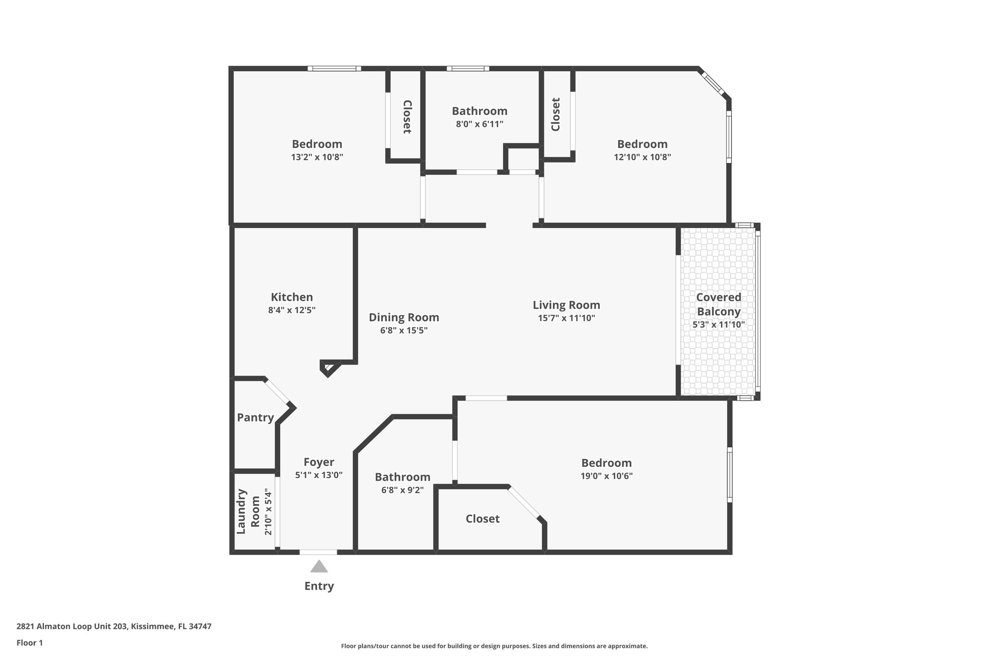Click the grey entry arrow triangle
pyautogui.click(x=319, y=567)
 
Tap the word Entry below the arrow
pyautogui.click(x=319, y=586)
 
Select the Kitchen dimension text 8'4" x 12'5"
pyautogui.click(x=292, y=310)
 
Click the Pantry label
pyautogui.click(x=255, y=418)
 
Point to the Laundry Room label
pyautogui.click(x=248, y=512)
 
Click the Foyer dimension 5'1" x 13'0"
pyautogui.click(x=319, y=475)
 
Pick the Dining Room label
pyautogui.click(x=404, y=317)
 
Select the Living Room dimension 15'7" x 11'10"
pyautogui.click(x=566, y=318)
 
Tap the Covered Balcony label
pyautogui.click(x=719, y=304)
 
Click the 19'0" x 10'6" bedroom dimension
pyautogui.click(x=607, y=476)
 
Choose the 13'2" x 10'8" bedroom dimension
pyautogui.click(x=317, y=157)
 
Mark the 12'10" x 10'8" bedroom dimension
pyautogui.click(x=642, y=157)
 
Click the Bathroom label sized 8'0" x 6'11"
pyautogui.click(x=480, y=111)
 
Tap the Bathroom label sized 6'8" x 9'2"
pyautogui.click(x=402, y=477)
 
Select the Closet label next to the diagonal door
pyautogui.click(x=482, y=519)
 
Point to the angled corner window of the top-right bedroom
pyautogui.click(x=712, y=84)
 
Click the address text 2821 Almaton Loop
pyautogui.click(x=114, y=627)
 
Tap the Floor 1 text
pyautogui.click(x=29, y=643)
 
